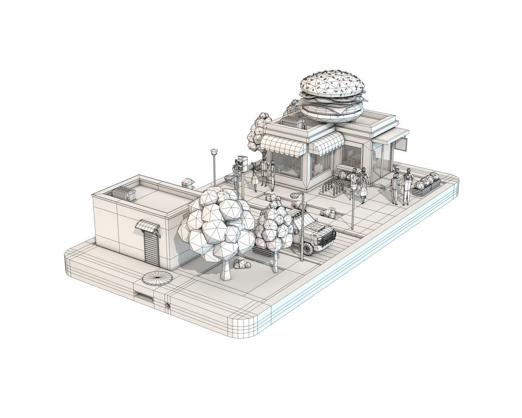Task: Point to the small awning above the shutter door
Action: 146,226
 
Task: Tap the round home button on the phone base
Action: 157,278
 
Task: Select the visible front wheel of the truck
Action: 308,248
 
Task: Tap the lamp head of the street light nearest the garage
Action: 214,152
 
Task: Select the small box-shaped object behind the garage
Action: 187,182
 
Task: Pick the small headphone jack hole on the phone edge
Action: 167,305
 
